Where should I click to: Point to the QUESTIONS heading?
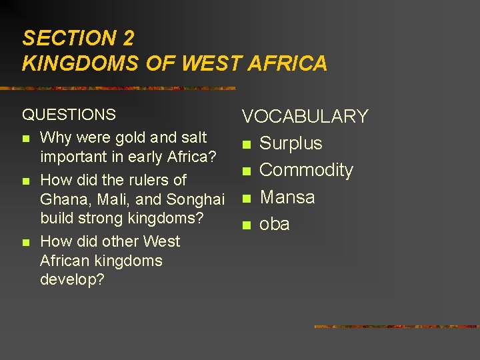click(x=69, y=115)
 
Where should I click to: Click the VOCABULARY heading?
click(x=305, y=117)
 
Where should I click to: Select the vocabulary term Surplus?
click(x=290, y=143)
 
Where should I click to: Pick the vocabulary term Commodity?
click(x=306, y=170)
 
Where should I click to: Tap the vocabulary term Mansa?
click(x=287, y=197)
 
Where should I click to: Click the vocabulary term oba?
click(x=274, y=224)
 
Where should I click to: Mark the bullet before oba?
click(x=246, y=225)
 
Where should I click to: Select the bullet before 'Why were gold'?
click(x=26, y=139)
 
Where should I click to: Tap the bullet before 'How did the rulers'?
click(x=26, y=181)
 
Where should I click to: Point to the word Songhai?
click(x=195, y=199)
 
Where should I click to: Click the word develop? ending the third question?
click(x=72, y=279)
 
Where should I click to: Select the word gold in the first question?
click(x=131, y=138)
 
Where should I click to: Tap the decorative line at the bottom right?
click(x=395, y=327)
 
